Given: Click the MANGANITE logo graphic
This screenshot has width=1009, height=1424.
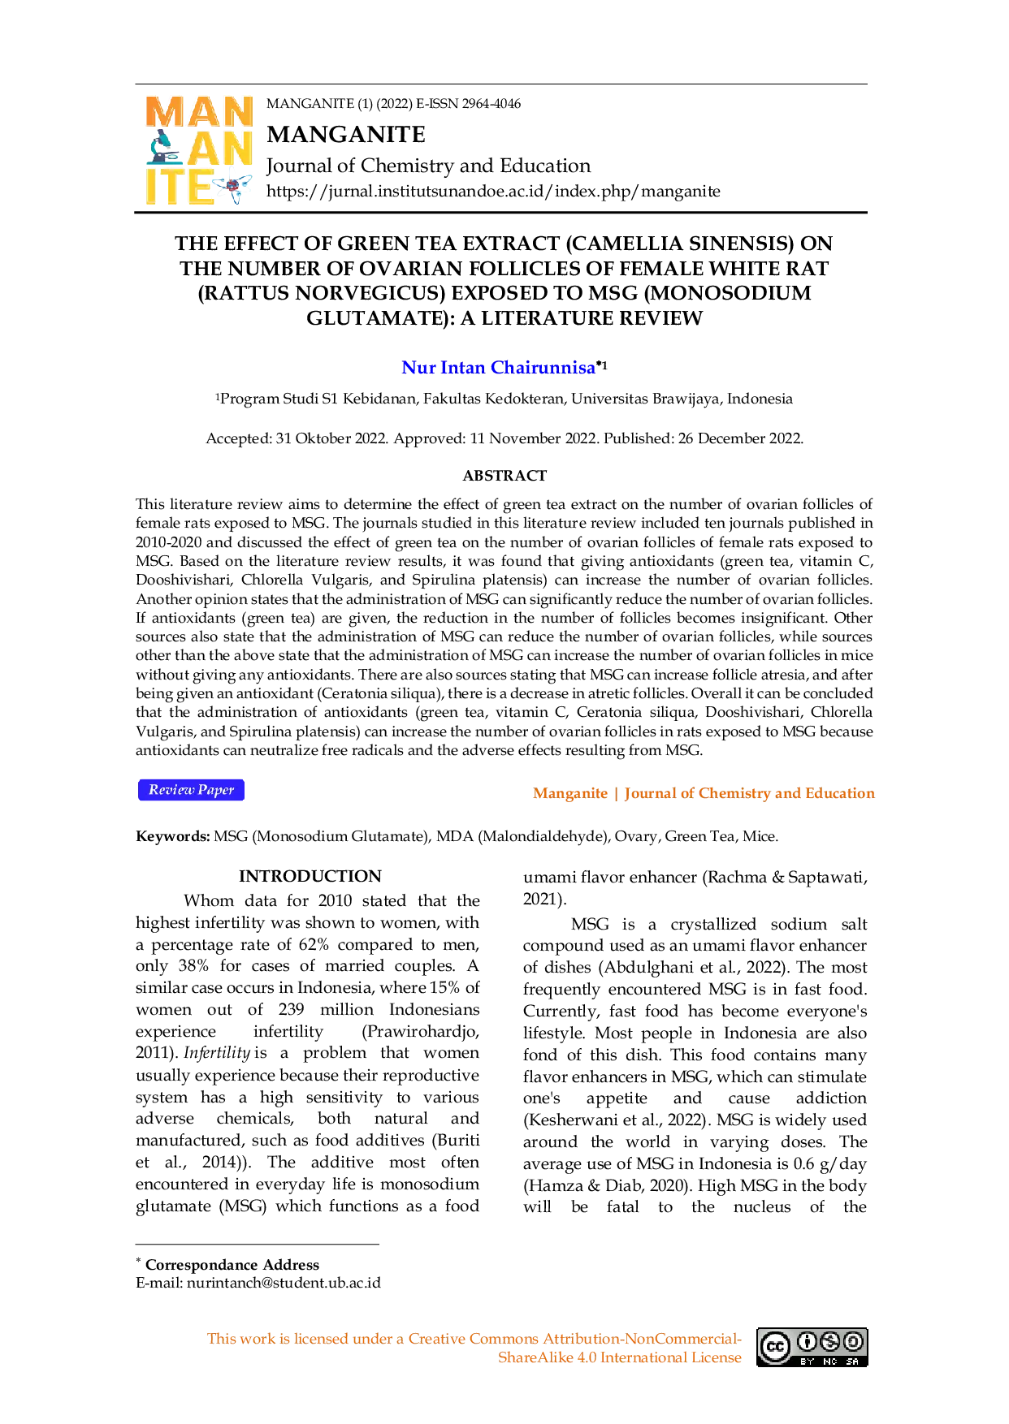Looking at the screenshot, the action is click(199, 150).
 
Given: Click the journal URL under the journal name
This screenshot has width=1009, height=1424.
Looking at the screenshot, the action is click(493, 192).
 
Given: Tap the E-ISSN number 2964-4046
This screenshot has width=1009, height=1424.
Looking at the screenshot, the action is click(491, 104).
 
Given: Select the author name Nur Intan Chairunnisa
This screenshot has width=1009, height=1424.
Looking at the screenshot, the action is click(499, 368).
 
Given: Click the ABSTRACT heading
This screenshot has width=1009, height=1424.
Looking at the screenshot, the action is click(505, 476).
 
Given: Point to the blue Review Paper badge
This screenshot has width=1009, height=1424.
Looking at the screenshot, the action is click(191, 790).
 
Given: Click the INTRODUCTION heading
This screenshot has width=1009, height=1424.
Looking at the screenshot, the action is click(310, 877).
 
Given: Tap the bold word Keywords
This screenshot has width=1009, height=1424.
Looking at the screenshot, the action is click(173, 836).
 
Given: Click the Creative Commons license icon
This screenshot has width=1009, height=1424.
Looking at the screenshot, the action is click(812, 1348).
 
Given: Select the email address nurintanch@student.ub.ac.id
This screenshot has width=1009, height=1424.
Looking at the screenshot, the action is click(284, 1284).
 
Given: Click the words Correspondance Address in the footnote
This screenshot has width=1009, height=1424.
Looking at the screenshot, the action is click(232, 1265).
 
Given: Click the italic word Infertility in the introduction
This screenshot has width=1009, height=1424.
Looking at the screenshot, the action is click(217, 1053).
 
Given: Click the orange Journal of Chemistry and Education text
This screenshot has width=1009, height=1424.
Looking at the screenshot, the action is click(750, 793).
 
